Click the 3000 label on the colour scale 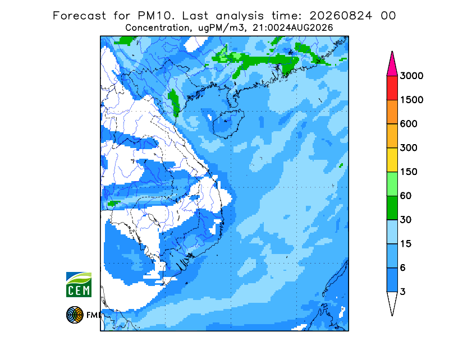tap(411, 76)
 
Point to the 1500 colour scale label tap(411, 100)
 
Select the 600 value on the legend tap(409, 124)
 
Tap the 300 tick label tap(409, 148)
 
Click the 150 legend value tap(409, 172)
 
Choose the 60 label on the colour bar tap(406, 196)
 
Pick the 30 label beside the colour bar tap(406, 220)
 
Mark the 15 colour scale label tap(406, 244)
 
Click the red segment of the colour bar tap(392, 88)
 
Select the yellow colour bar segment tap(392, 160)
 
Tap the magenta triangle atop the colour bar tap(392, 65)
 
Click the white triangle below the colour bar tap(392, 302)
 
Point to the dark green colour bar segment tap(392, 208)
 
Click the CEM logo tap(79, 284)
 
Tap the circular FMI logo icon tap(75, 315)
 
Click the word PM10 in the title tap(156, 16)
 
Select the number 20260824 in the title tap(341, 16)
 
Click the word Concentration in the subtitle tap(157, 28)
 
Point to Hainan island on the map tap(228, 123)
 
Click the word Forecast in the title tap(79, 16)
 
